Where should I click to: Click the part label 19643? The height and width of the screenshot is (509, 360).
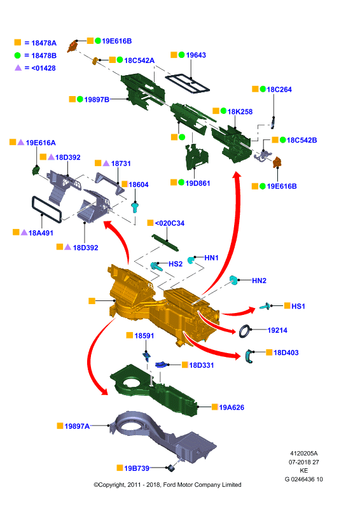196,55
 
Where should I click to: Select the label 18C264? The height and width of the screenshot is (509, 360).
279,90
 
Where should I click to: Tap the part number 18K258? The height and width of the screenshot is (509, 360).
240,112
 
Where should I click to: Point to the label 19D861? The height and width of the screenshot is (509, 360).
198,183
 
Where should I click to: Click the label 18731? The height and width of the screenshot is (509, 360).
121,164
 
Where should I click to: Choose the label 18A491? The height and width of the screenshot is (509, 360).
41,233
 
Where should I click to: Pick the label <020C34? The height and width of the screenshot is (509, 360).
169,223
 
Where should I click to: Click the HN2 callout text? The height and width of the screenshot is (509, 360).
259,281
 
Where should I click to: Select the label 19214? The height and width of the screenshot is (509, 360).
277,330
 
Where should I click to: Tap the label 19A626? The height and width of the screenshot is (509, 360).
232,407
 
